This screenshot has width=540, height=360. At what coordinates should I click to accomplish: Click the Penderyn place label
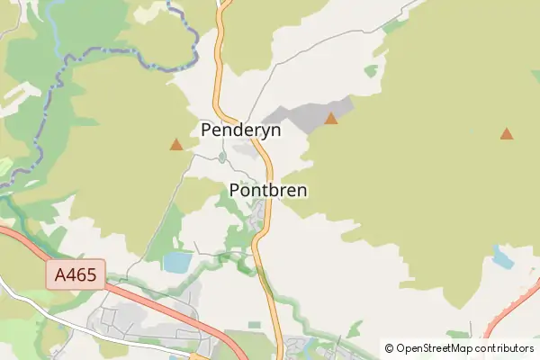(240, 130)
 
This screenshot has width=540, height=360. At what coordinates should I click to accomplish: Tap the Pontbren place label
(268, 191)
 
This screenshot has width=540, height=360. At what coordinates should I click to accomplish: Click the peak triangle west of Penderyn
(176, 144)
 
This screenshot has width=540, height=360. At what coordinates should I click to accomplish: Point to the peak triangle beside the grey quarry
(331, 119)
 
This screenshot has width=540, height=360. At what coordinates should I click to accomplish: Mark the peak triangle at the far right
(507, 134)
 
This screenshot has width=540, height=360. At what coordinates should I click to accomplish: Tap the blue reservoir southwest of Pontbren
(177, 263)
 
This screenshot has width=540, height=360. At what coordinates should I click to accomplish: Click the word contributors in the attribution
(507, 348)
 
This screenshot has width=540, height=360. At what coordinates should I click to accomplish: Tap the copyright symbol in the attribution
(389, 348)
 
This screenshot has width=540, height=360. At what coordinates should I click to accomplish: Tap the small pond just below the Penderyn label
(222, 157)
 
